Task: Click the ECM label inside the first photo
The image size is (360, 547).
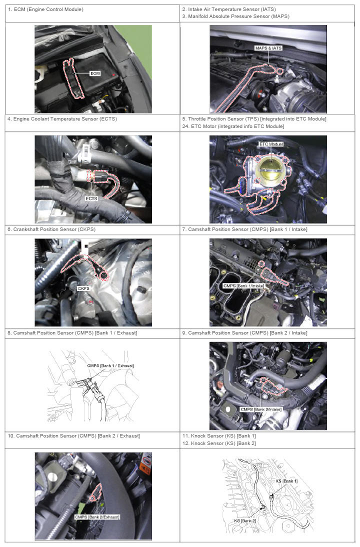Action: click(x=95, y=73)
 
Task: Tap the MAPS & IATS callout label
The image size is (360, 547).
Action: click(x=268, y=48)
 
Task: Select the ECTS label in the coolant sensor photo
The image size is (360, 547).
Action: click(x=91, y=198)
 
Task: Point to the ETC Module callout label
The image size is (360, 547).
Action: click(x=271, y=144)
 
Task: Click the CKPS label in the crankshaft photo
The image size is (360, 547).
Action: click(x=83, y=288)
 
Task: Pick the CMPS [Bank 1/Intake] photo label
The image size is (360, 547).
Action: click(x=243, y=285)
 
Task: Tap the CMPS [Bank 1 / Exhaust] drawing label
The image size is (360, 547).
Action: click(x=110, y=365)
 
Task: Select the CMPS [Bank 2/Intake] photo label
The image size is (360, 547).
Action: click(x=261, y=409)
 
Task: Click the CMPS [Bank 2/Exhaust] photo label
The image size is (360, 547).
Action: click(x=97, y=517)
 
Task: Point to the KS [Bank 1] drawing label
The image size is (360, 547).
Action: click(x=286, y=481)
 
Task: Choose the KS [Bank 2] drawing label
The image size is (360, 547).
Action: click(x=245, y=521)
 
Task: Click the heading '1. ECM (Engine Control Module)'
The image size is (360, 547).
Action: click(x=45, y=9)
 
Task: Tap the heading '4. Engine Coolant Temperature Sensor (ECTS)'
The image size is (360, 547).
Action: click(x=62, y=119)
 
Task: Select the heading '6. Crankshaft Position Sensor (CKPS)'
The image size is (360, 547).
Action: click(x=51, y=229)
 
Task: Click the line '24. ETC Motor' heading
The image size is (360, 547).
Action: click(x=233, y=126)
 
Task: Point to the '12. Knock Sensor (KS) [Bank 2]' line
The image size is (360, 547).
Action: click(x=219, y=443)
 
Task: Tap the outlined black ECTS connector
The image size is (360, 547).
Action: click(x=100, y=176)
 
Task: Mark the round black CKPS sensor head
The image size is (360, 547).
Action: click(x=103, y=276)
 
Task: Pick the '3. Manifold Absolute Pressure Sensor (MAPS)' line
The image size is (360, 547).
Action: click(x=236, y=16)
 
